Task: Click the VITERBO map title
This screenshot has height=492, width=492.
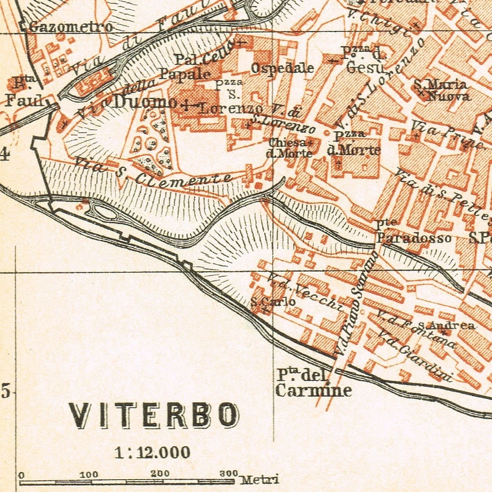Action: [154, 415]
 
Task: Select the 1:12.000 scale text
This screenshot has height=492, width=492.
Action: [153, 453]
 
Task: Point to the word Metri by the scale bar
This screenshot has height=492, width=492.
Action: [260, 480]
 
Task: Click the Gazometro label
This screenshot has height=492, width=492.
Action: [71, 27]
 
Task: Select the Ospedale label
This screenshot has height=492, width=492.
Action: [282, 68]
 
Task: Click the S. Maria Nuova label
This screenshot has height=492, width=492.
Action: [441, 90]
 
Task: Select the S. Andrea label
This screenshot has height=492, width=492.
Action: [445, 325]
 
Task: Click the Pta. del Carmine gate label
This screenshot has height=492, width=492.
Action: [313, 383]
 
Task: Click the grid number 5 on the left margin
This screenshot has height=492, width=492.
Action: [6, 392]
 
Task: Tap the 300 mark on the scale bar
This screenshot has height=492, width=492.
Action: [229, 474]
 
